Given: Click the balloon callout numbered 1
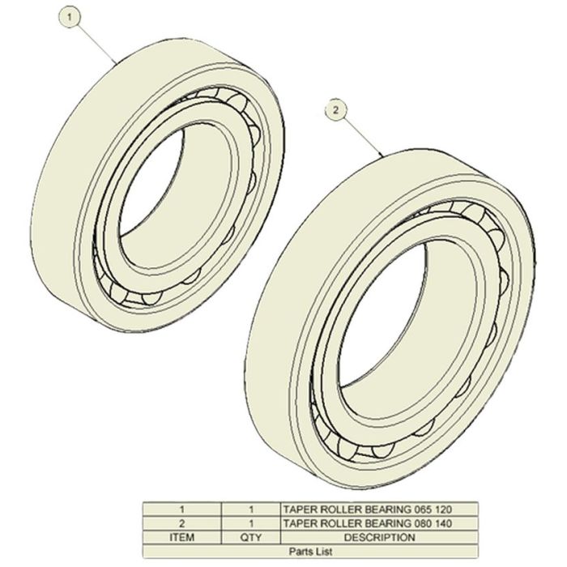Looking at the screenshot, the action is (x=70, y=17).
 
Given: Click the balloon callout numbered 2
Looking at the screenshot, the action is (x=336, y=110).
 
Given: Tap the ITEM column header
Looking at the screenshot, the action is (x=182, y=537).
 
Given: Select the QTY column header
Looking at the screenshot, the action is (x=251, y=537).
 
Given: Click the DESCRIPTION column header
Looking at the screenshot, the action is (x=379, y=537).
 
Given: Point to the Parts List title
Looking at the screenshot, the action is (x=310, y=552).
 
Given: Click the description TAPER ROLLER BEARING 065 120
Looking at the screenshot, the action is (x=368, y=509).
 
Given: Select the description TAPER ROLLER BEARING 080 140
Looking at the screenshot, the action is (x=368, y=523).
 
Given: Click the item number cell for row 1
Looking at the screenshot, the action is (x=182, y=509).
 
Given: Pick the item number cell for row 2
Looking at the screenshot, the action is (x=182, y=523).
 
